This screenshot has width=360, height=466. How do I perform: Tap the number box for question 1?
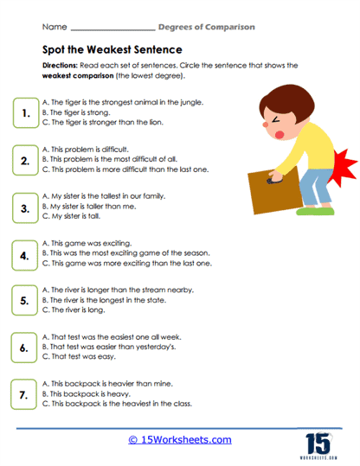click(26, 112)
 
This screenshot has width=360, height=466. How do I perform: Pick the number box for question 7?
click(26, 395)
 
